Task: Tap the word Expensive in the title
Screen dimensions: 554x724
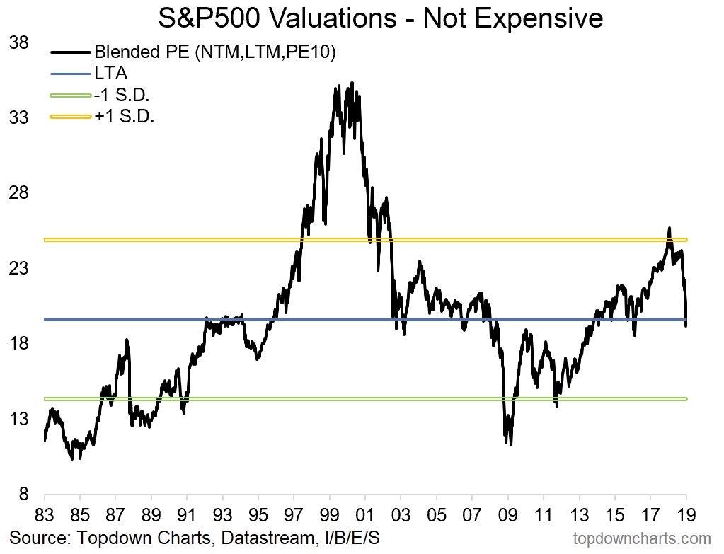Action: point(548,18)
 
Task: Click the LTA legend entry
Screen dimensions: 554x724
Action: point(110,73)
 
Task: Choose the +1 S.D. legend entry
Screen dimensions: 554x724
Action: point(125,116)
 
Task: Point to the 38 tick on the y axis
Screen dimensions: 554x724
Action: point(18,42)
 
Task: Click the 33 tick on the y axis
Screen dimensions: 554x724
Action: point(18,117)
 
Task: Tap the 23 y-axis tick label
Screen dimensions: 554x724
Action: point(18,268)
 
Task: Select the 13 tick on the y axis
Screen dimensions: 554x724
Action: point(18,419)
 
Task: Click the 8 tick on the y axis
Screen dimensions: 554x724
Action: point(23,494)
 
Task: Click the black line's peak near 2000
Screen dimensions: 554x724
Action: point(352,83)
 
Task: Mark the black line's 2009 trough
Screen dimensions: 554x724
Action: point(510,444)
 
